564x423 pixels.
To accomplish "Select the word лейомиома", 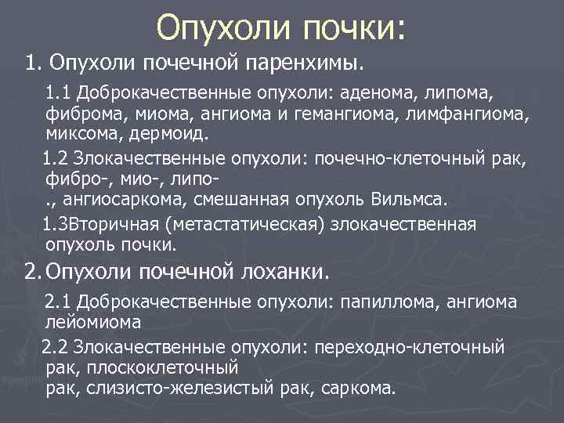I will click(x=93, y=321).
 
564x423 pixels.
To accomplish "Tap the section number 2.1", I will click(x=59, y=301).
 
